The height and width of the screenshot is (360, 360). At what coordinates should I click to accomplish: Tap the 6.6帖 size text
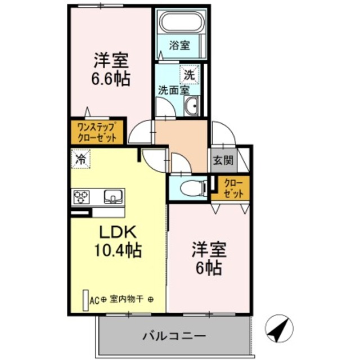coord(112,78)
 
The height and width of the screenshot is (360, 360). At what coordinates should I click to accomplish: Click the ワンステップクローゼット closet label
coord(96,132)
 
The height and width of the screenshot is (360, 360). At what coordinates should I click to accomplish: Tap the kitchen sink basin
coord(114,197)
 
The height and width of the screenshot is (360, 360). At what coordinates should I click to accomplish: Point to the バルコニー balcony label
coord(173,337)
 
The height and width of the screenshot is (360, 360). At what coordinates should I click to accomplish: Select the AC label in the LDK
coord(94,300)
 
